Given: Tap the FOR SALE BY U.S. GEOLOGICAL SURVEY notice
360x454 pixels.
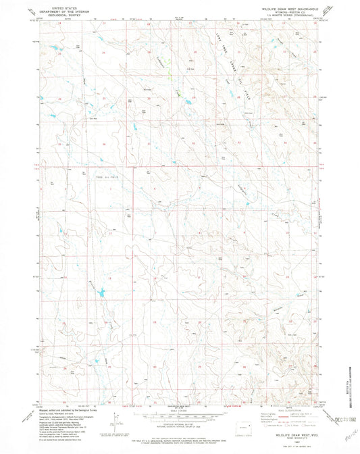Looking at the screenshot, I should click(x=179, y=430).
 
